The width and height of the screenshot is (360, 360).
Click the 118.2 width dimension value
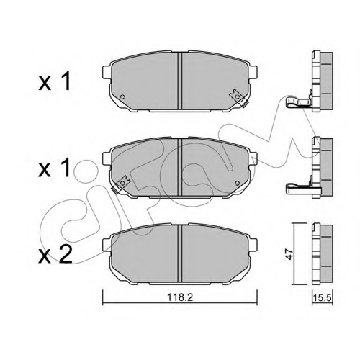180,297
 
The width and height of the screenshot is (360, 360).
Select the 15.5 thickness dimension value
323,298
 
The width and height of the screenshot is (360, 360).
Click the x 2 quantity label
55,254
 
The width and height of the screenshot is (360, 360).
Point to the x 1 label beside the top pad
55,81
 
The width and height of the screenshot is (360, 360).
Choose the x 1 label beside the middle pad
55,168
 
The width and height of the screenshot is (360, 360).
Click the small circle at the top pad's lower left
122,97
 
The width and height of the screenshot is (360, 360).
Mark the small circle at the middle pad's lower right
237,183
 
